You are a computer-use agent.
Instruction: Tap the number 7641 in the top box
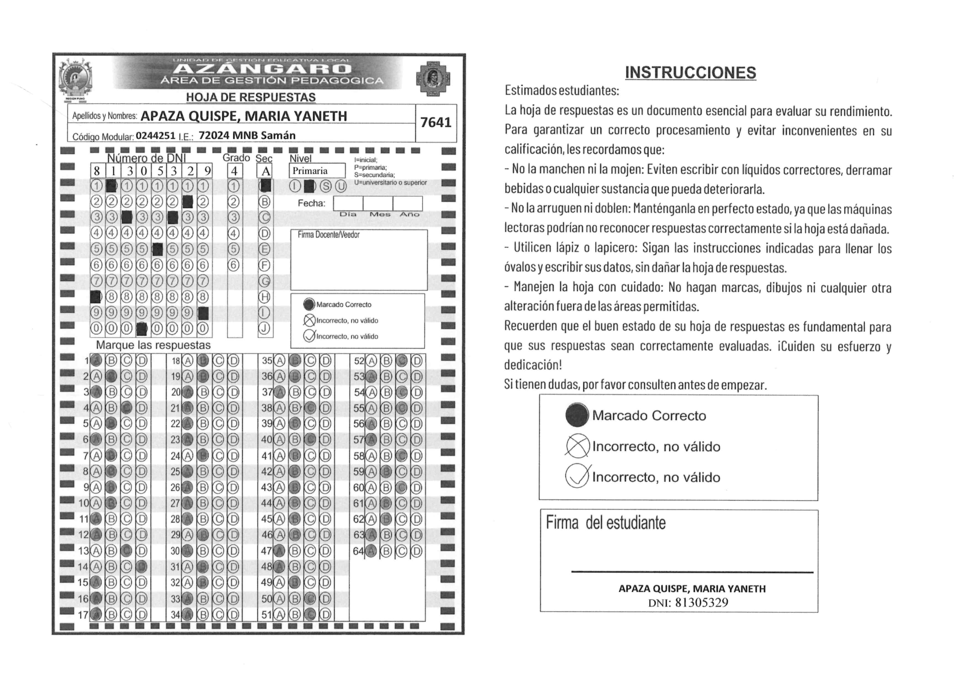(436, 122)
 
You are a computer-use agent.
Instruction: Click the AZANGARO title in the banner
(262, 69)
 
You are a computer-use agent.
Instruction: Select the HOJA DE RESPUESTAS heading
(251, 98)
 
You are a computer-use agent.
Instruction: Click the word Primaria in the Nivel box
(310, 171)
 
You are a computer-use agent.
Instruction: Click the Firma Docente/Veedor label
(328, 235)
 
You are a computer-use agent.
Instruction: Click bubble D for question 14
(142, 567)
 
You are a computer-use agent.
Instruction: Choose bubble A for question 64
(371, 551)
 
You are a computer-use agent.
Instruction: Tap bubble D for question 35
(325, 361)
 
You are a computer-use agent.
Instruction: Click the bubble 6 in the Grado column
(234, 265)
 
